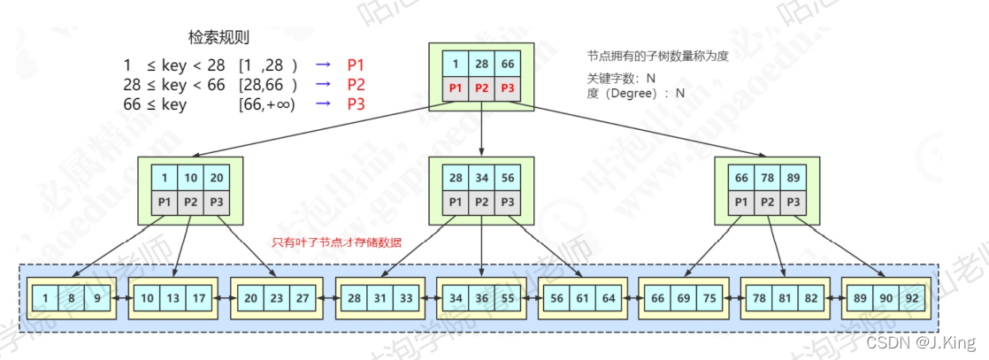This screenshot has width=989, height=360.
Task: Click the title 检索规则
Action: (x=218, y=37)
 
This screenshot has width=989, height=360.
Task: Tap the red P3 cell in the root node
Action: (x=506, y=88)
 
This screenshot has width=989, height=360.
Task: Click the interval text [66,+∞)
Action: (x=266, y=104)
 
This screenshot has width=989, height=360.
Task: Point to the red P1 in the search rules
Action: (x=356, y=65)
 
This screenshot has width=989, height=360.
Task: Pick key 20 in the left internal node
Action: (x=217, y=177)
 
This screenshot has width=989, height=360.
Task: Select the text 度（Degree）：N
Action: (x=634, y=92)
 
